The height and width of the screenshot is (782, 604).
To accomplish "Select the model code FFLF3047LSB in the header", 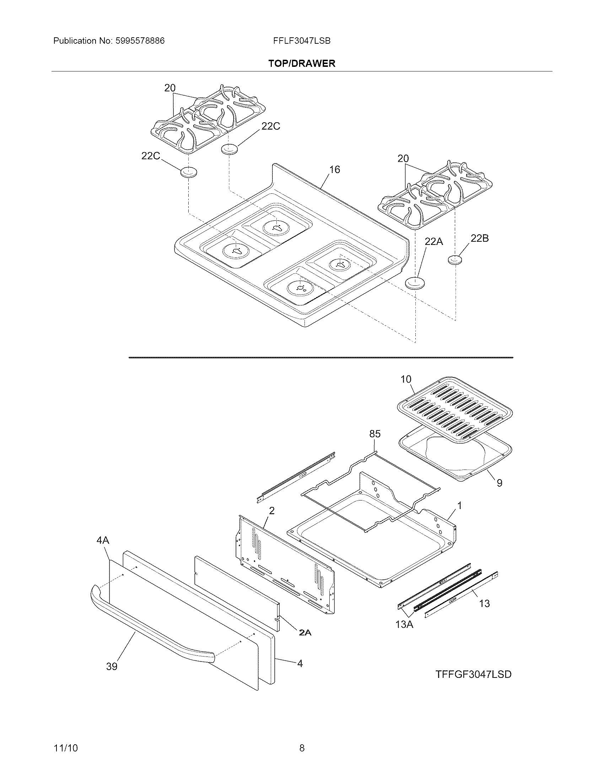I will (x=302, y=41).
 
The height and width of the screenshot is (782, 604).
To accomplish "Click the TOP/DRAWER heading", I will (x=302, y=64).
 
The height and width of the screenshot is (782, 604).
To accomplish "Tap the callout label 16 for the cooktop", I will (x=335, y=169).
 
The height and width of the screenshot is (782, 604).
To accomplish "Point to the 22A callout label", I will (x=434, y=242).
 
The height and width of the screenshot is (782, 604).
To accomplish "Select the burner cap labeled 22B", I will (x=454, y=259).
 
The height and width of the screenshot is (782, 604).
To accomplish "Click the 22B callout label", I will (x=480, y=238).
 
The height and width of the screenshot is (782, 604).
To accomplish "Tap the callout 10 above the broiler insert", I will (x=406, y=379).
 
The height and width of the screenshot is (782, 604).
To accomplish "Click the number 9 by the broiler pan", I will (x=499, y=483).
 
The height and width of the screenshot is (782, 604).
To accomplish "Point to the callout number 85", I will (x=374, y=434).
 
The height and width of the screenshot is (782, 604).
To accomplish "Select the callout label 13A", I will (x=404, y=625).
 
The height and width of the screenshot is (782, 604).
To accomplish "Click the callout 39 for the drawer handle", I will (x=112, y=666).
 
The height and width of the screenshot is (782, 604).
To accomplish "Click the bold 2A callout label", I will (x=305, y=633).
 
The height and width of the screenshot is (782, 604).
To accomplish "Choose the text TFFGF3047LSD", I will (x=473, y=674).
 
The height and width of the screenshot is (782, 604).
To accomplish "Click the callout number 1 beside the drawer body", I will (x=459, y=505).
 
